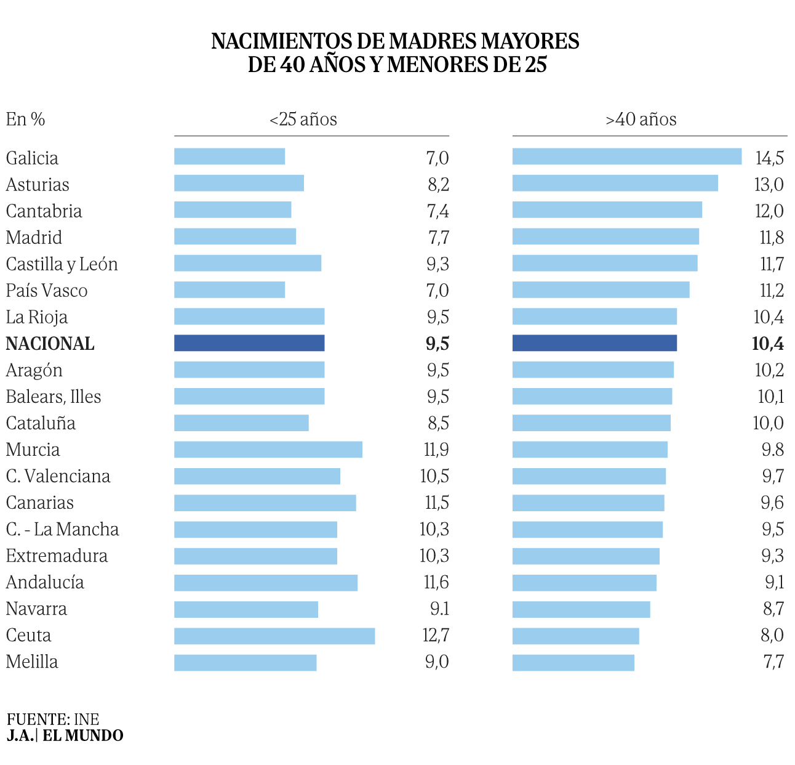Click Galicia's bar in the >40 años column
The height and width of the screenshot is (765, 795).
point(626,156)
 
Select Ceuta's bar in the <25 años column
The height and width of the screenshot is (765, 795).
point(274,636)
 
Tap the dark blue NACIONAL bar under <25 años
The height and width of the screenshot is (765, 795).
point(249,343)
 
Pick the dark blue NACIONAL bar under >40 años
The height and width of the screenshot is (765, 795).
point(594,343)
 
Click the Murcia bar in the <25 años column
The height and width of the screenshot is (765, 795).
point(268,450)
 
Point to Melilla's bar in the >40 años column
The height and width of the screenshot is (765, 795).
point(573,662)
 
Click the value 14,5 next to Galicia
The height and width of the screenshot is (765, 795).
point(769,158)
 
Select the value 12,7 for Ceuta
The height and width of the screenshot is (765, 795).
point(436,635)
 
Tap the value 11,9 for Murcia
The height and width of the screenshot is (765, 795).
point(436,450)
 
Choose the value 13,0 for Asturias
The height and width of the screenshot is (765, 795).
point(769,185)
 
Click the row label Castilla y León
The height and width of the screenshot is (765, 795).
point(62,264)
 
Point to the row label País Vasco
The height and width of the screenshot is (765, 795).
point(47,291)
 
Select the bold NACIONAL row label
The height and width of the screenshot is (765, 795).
point(50,344)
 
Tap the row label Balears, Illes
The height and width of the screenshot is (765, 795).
point(54,397)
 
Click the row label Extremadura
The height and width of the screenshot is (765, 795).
point(57,556)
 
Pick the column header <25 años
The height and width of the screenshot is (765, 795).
point(303,119)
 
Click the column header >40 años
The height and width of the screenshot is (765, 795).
point(641,119)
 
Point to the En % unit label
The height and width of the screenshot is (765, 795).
point(25,119)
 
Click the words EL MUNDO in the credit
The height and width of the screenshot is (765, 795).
point(83,735)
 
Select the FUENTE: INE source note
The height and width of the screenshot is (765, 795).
point(53,719)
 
